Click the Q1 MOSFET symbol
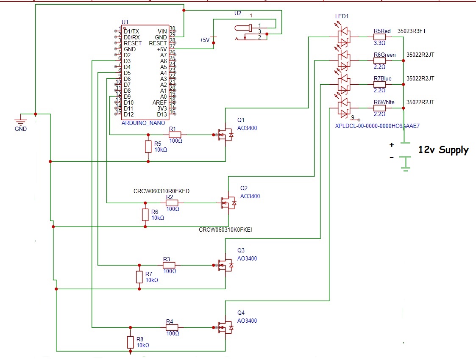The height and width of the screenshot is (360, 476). tap(225, 135)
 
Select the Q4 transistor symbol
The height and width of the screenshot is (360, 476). tap(225, 327)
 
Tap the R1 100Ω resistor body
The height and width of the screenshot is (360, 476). tap(175, 135)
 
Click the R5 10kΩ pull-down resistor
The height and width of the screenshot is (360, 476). tap(148, 147)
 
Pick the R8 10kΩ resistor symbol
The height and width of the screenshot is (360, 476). tap(130, 342)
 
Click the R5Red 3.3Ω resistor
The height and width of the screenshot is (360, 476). tap(379, 37)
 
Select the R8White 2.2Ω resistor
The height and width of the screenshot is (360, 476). tap(379, 108)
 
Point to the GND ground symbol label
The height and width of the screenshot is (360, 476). tap(20, 129)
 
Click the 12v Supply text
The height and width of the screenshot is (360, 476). tap(443, 150)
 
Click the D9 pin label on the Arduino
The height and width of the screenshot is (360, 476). tap(127, 97)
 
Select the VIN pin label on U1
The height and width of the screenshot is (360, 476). tap(162, 31)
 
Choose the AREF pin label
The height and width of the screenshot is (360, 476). tap(159, 102)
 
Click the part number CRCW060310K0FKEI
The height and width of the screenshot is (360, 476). tap(225, 230)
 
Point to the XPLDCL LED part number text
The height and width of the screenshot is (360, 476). tap(377, 126)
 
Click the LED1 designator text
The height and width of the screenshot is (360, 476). tap(342, 16)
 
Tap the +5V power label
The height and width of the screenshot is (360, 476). tap(205, 40)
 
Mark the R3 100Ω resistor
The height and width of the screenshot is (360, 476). tap(169, 265)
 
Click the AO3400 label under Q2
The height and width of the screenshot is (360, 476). tap(250, 196)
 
